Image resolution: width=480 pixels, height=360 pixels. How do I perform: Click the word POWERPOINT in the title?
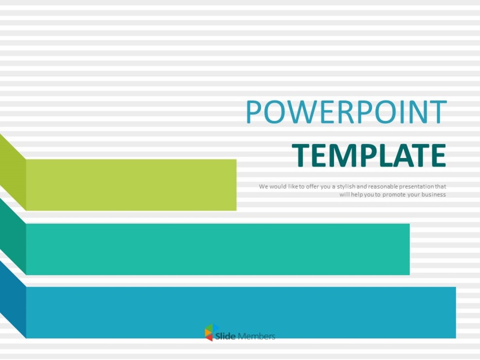346,112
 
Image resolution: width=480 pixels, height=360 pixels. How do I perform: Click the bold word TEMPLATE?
369,155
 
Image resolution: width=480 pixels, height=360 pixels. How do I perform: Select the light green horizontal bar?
131,185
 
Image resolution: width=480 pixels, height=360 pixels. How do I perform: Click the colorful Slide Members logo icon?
209,333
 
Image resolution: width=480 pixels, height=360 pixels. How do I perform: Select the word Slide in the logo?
225,336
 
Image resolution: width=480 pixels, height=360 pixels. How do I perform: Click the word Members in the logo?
257,336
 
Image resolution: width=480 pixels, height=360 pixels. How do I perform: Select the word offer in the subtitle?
311,187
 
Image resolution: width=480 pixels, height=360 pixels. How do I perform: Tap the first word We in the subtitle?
263,187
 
